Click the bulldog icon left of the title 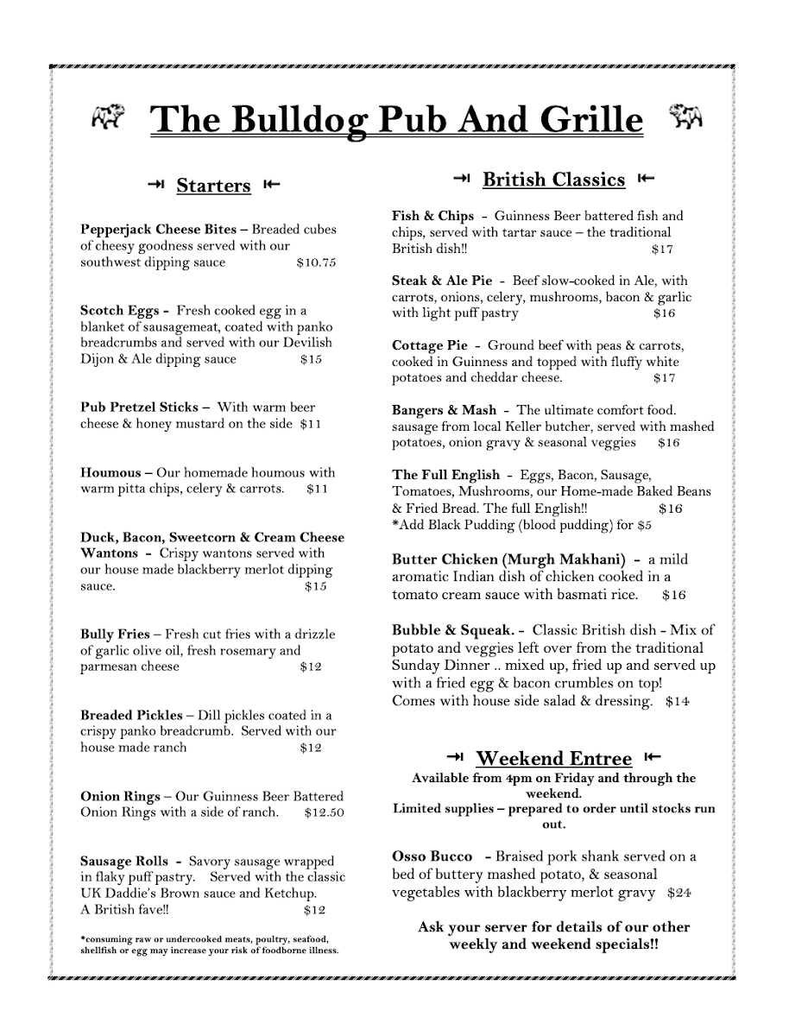(x=108, y=117)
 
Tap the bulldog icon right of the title (x=686, y=117)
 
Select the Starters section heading (x=213, y=186)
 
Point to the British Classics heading (x=553, y=180)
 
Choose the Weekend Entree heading (x=553, y=759)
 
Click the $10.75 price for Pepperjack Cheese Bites (x=315, y=262)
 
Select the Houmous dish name (x=110, y=472)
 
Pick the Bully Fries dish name (x=115, y=634)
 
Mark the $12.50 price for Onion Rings (x=325, y=812)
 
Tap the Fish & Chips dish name (x=433, y=216)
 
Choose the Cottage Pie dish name (x=430, y=345)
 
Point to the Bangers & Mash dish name (x=445, y=410)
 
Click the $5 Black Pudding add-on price (x=644, y=525)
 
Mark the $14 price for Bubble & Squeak (x=678, y=701)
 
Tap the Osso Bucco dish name (x=432, y=856)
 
